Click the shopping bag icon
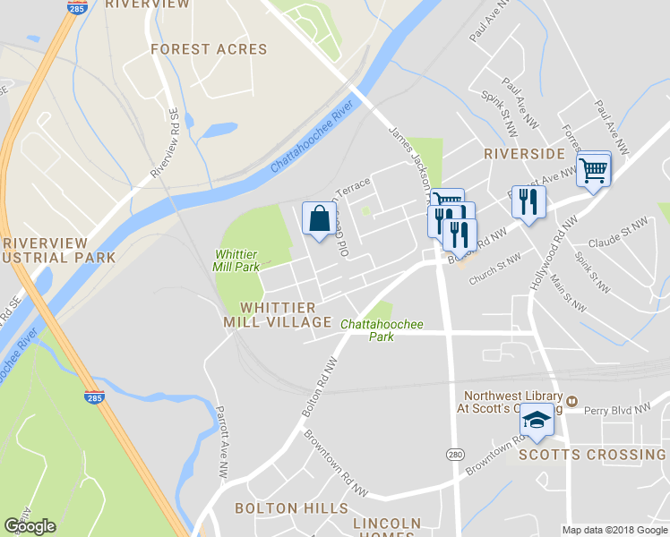320,217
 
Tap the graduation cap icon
536,420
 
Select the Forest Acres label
209,49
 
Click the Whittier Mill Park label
236,260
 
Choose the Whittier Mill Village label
278,314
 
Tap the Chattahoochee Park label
382,330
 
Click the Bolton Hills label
278,507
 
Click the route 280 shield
455,455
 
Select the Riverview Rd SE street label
166,143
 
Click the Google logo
30,526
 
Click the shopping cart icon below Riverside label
594,169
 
